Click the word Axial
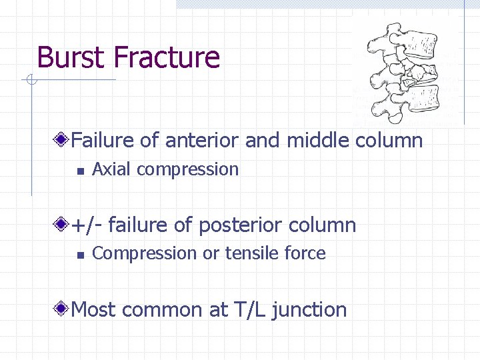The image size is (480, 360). coord(111,169)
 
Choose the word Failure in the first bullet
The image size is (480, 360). coord(103,141)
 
